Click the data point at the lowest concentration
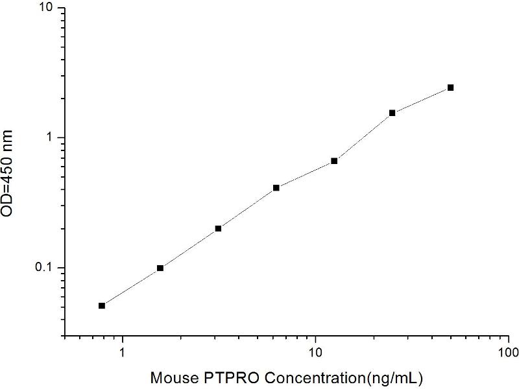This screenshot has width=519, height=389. point(102,305)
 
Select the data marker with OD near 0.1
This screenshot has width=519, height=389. point(160,268)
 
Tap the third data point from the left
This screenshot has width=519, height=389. point(218,228)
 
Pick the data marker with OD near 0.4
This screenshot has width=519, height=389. point(276,188)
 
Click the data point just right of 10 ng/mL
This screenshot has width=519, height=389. point(334,161)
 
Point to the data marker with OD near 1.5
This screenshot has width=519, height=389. point(392,113)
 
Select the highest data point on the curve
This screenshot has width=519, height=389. point(450,88)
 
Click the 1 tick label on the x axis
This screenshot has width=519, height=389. point(122,354)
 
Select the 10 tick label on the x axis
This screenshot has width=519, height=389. point(315,354)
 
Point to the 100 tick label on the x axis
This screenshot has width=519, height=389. point(509,354)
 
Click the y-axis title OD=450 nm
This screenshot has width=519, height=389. point(15,173)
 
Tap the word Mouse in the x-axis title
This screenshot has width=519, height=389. point(168,377)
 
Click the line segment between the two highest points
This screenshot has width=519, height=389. point(422,100)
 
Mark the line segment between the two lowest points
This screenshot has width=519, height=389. point(131,287)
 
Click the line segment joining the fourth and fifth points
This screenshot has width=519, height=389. point(305,174)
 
